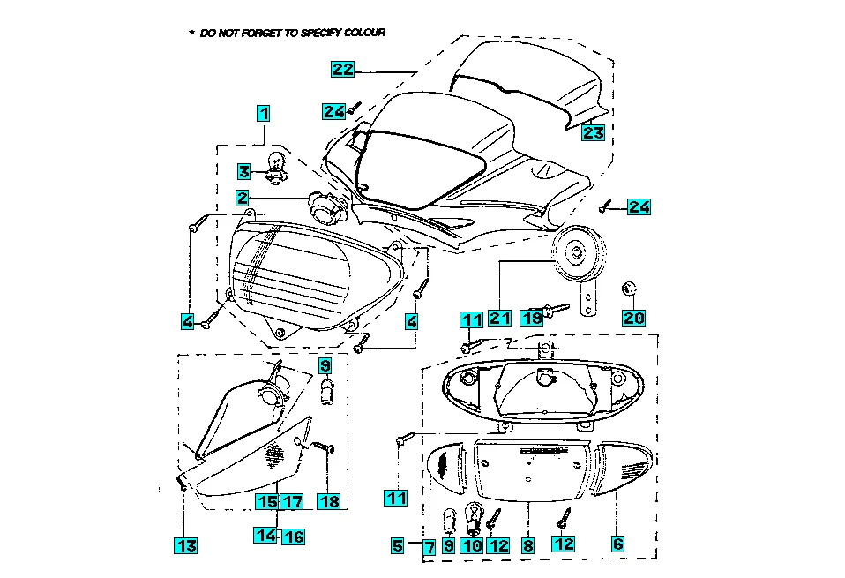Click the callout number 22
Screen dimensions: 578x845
(342, 69)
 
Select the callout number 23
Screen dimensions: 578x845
(593, 132)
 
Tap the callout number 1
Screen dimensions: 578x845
(263, 113)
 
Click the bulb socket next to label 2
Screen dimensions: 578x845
(327, 208)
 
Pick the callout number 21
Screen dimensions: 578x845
(500, 317)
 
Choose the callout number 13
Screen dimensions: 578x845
(185, 546)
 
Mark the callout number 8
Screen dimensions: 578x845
(527, 545)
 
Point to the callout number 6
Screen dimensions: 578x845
(617, 544)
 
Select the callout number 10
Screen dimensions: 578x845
(473, 545)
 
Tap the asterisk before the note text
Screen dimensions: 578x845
(191, 33)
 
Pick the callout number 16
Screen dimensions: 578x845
(293, 535)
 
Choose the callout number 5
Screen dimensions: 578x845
(398, 546)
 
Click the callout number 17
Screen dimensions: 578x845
(293, 501)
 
